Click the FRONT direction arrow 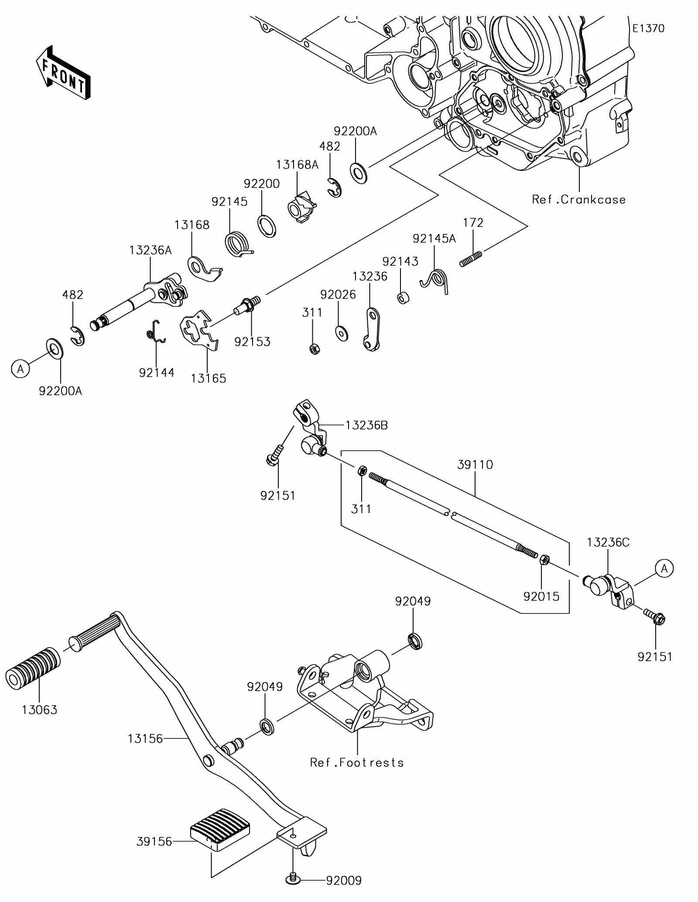click(63, 72)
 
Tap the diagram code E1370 click(648, 29)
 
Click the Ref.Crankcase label click(579, 199)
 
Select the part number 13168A click(297, 165)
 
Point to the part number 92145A click(434, 238)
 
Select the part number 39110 click(475, 465)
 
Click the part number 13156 click(145, 739)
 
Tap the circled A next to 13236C click(664, 568)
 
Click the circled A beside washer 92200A click(21, 369)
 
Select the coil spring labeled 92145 click(238, 244)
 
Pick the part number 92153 click(252, 342)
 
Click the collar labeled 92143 click(403, 298)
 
